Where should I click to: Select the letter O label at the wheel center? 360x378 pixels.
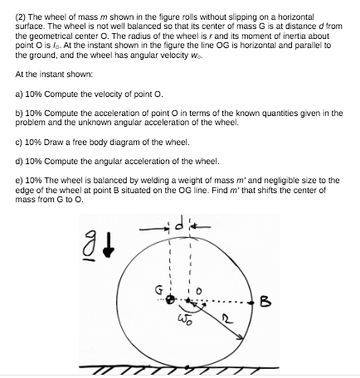click(200, 289)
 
